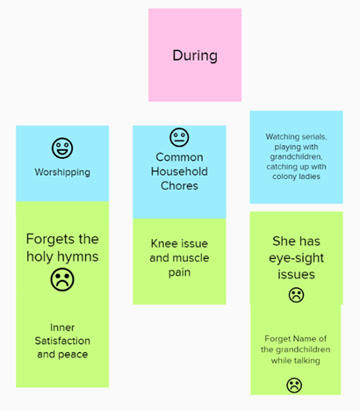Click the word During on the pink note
pos(195,55)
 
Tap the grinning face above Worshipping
pos(62,148)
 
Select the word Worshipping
pos(62,172)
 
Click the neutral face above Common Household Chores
pos(179,137)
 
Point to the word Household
pos(179,171)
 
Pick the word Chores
pos(179,186)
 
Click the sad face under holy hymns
pos(62,280)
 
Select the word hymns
pos(81,256)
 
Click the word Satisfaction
pos(62,341)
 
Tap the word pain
pos(179,273)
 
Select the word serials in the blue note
pos(314,137)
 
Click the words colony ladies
pos(296,177)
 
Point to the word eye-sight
pos(296,258)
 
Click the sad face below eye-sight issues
pos(296,295)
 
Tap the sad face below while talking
pos(294,386)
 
